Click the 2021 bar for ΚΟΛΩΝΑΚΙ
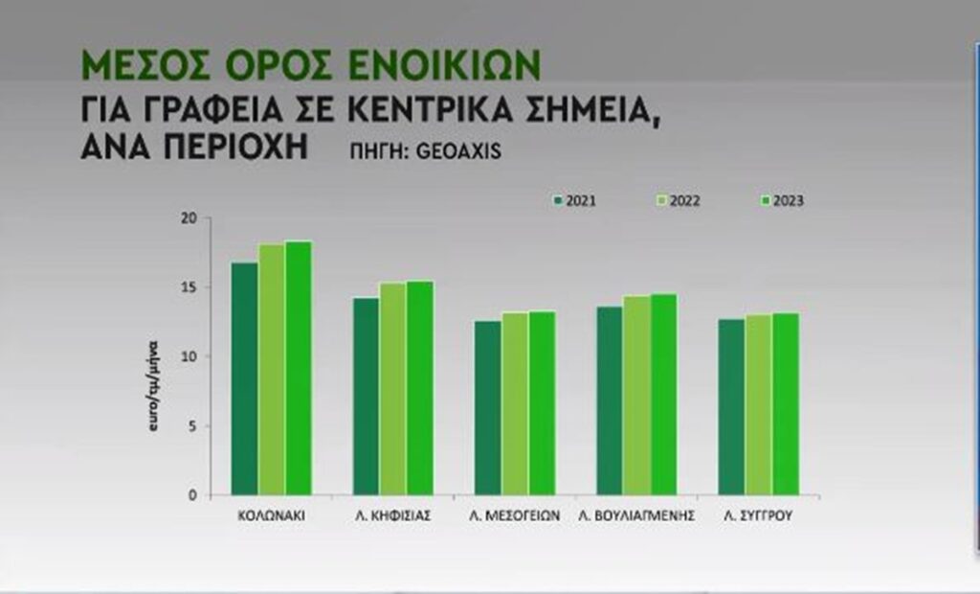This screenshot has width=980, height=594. [245, 378]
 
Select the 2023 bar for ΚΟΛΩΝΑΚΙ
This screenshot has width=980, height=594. [299, 368]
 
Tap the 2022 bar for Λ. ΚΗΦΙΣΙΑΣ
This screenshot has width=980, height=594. [393, 388]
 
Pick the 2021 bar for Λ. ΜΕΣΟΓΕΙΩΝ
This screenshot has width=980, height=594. [488, 407]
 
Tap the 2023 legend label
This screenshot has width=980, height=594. [786, 201]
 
